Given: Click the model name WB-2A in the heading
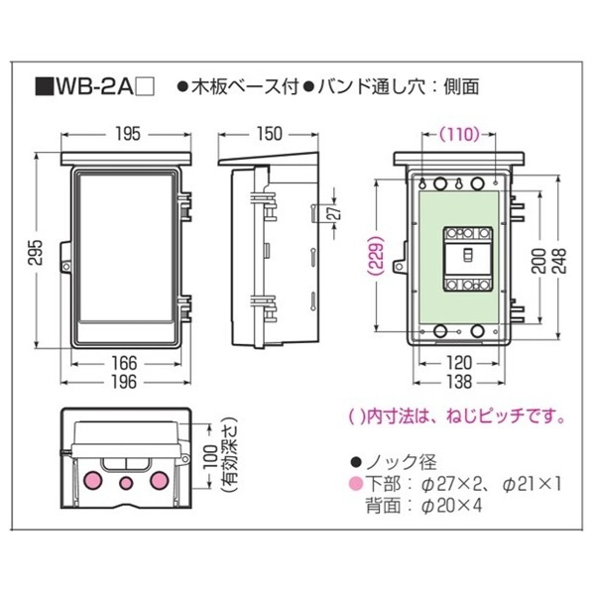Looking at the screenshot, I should [92, 86].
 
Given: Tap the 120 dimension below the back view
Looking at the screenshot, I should [459, 363].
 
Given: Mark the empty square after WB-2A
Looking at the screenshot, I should [144, 87].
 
